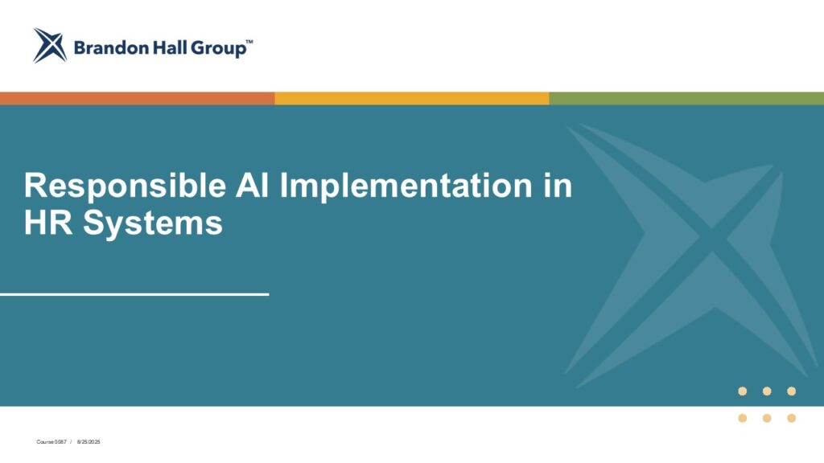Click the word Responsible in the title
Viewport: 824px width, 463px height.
click(125, 186)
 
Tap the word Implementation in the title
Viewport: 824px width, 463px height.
click(406, 186)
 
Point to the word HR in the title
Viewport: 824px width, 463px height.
click(48, 223)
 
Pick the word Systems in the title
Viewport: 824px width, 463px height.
click(153, 223)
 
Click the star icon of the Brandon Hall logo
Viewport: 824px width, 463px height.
click(50, 46)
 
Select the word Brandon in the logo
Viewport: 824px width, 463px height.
click(111, 48)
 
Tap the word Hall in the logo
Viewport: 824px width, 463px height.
click(170, 47)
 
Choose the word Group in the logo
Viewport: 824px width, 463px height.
click(218, 49)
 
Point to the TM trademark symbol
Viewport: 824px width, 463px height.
click(249, 42)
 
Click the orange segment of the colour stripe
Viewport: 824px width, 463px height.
click(137, 98)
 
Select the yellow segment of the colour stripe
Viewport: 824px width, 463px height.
click(412, 98)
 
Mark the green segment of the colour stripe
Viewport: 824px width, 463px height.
click(687, 98)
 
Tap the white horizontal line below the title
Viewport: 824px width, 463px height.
click(134, 294)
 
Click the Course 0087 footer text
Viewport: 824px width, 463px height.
click(51, 442)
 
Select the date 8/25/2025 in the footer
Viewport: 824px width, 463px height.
click(89, 442)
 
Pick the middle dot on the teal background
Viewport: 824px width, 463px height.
click(767, 391)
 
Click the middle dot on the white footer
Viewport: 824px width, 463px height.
click(767, 418)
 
